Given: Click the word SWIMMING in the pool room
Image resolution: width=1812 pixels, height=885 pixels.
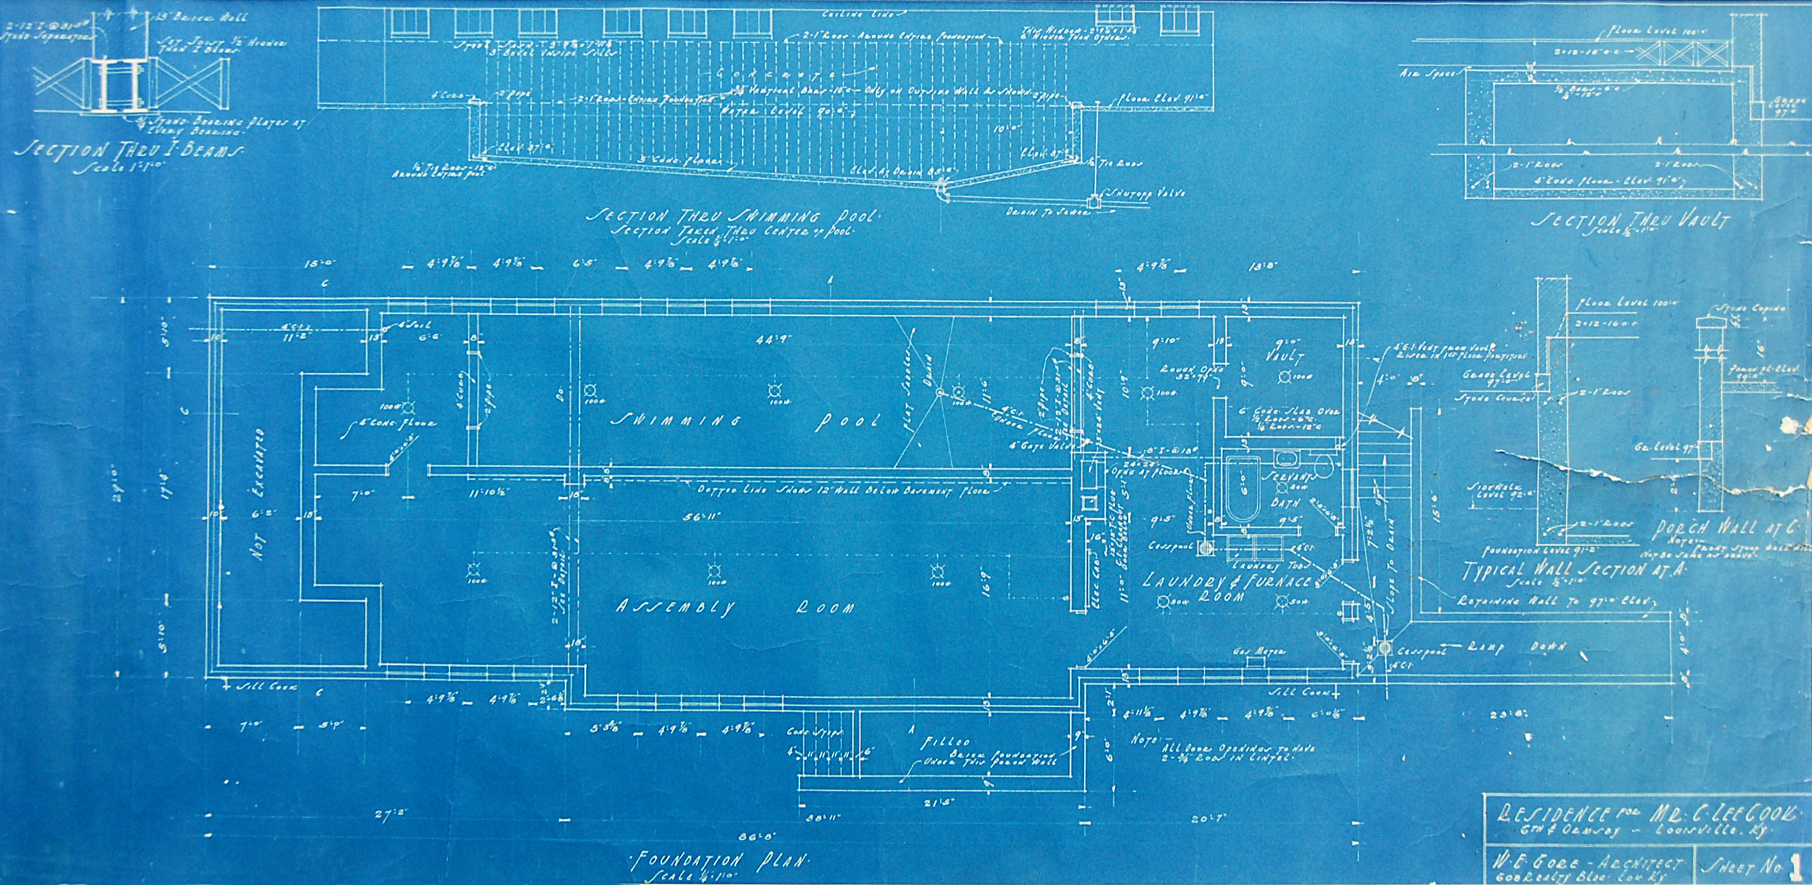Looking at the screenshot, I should click(676, 421).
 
